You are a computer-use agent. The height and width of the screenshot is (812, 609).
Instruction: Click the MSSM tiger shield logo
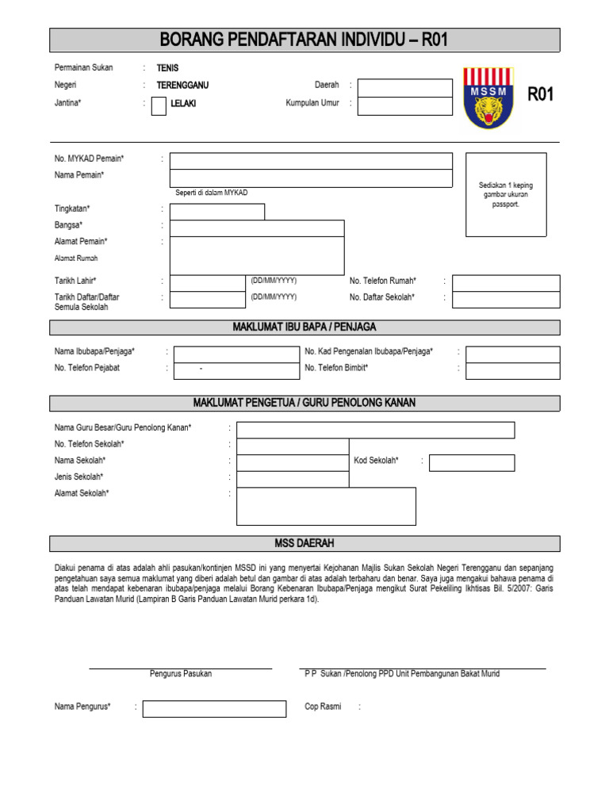[x=488, y=98]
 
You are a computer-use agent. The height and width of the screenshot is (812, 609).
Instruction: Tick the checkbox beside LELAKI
[x=159, y=105]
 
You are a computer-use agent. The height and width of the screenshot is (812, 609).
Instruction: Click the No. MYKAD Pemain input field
[x=311, y=161]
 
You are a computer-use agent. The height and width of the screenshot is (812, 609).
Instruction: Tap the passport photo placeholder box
[x=506, y=194]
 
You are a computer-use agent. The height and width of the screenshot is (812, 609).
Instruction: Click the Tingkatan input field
[x=217, y=212]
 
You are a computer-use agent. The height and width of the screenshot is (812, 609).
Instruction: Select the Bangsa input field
[x=257, y=228]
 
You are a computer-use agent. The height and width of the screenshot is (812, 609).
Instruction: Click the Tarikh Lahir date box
[x=208, y=283]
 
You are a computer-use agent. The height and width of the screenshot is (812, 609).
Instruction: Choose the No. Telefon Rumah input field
[x=506, y=283]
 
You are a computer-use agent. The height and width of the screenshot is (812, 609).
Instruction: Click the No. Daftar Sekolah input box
[x=506, y=300]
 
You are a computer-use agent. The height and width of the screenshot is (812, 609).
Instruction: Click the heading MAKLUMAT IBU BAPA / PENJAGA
[x=304, y=327]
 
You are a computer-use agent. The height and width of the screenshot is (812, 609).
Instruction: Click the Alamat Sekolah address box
[x=326, y=506]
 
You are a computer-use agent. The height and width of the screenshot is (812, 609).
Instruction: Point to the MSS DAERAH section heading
[x=304, y=543]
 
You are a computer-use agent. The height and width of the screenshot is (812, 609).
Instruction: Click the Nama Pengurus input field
[x=214, y=709]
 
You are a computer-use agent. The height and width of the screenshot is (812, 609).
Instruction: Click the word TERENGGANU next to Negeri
[x=182, y=85]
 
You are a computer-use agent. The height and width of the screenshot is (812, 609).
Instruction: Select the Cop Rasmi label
[x=323, y=707]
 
